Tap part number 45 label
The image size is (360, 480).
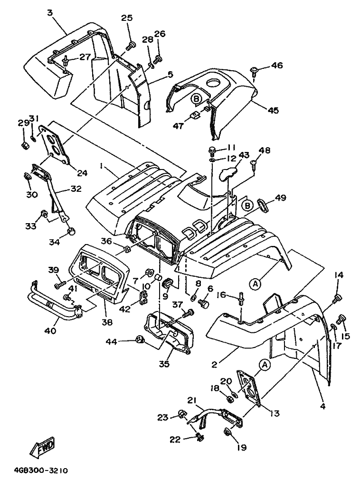273,110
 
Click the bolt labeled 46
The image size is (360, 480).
255,71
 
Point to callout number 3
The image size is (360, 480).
49,13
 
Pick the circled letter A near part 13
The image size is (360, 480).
264,364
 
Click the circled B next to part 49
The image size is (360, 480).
246,206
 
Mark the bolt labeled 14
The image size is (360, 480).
338,298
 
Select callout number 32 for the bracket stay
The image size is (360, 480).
76,188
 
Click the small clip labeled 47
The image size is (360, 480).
194,115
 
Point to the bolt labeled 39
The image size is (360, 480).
59,285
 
